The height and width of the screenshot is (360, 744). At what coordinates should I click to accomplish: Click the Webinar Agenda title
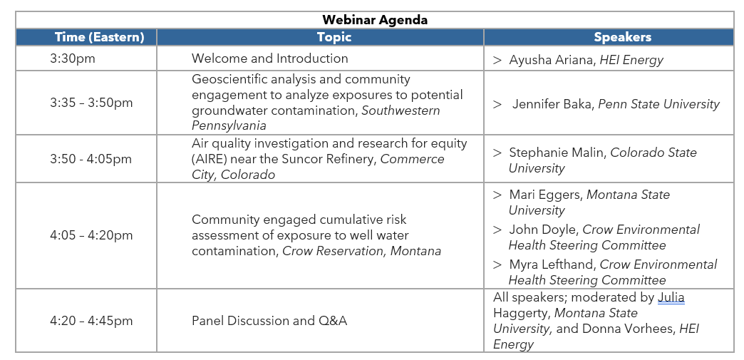click(375, 20)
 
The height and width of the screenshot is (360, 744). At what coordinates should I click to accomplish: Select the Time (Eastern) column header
click(99, 37)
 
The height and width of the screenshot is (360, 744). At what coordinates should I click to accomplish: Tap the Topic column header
click(334, 38)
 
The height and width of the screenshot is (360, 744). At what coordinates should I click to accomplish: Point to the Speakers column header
click(623, 37)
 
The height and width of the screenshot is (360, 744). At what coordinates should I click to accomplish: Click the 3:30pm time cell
click(73, 59)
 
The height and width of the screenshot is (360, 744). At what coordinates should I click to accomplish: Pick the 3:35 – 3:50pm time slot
click(91, 103)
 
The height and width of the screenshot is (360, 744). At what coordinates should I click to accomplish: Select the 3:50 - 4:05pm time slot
click(91, 159)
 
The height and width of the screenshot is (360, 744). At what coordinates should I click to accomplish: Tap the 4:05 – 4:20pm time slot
click(91, 235)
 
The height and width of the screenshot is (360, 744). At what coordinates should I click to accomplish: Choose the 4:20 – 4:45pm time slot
click(91, 321)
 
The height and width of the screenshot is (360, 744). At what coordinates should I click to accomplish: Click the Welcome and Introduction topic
click(269, 58)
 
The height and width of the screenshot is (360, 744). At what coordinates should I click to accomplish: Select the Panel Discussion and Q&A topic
click(269, 321)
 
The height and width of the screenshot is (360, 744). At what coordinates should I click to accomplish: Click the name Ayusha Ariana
click(551, 60)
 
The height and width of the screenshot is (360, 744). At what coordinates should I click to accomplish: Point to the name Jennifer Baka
click(553, 104)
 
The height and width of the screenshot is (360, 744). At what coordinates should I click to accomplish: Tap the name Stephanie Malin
click(557, 153)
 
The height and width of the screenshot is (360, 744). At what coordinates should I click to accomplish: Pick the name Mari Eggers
click(545, 195)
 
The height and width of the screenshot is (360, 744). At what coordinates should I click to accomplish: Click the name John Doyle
click(543, 230)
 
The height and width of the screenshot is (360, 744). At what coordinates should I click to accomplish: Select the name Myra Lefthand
click(552, 264)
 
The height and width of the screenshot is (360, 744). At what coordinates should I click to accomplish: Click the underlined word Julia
click(671, 297)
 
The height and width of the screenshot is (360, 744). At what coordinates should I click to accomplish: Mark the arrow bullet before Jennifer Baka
click(497, 104)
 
